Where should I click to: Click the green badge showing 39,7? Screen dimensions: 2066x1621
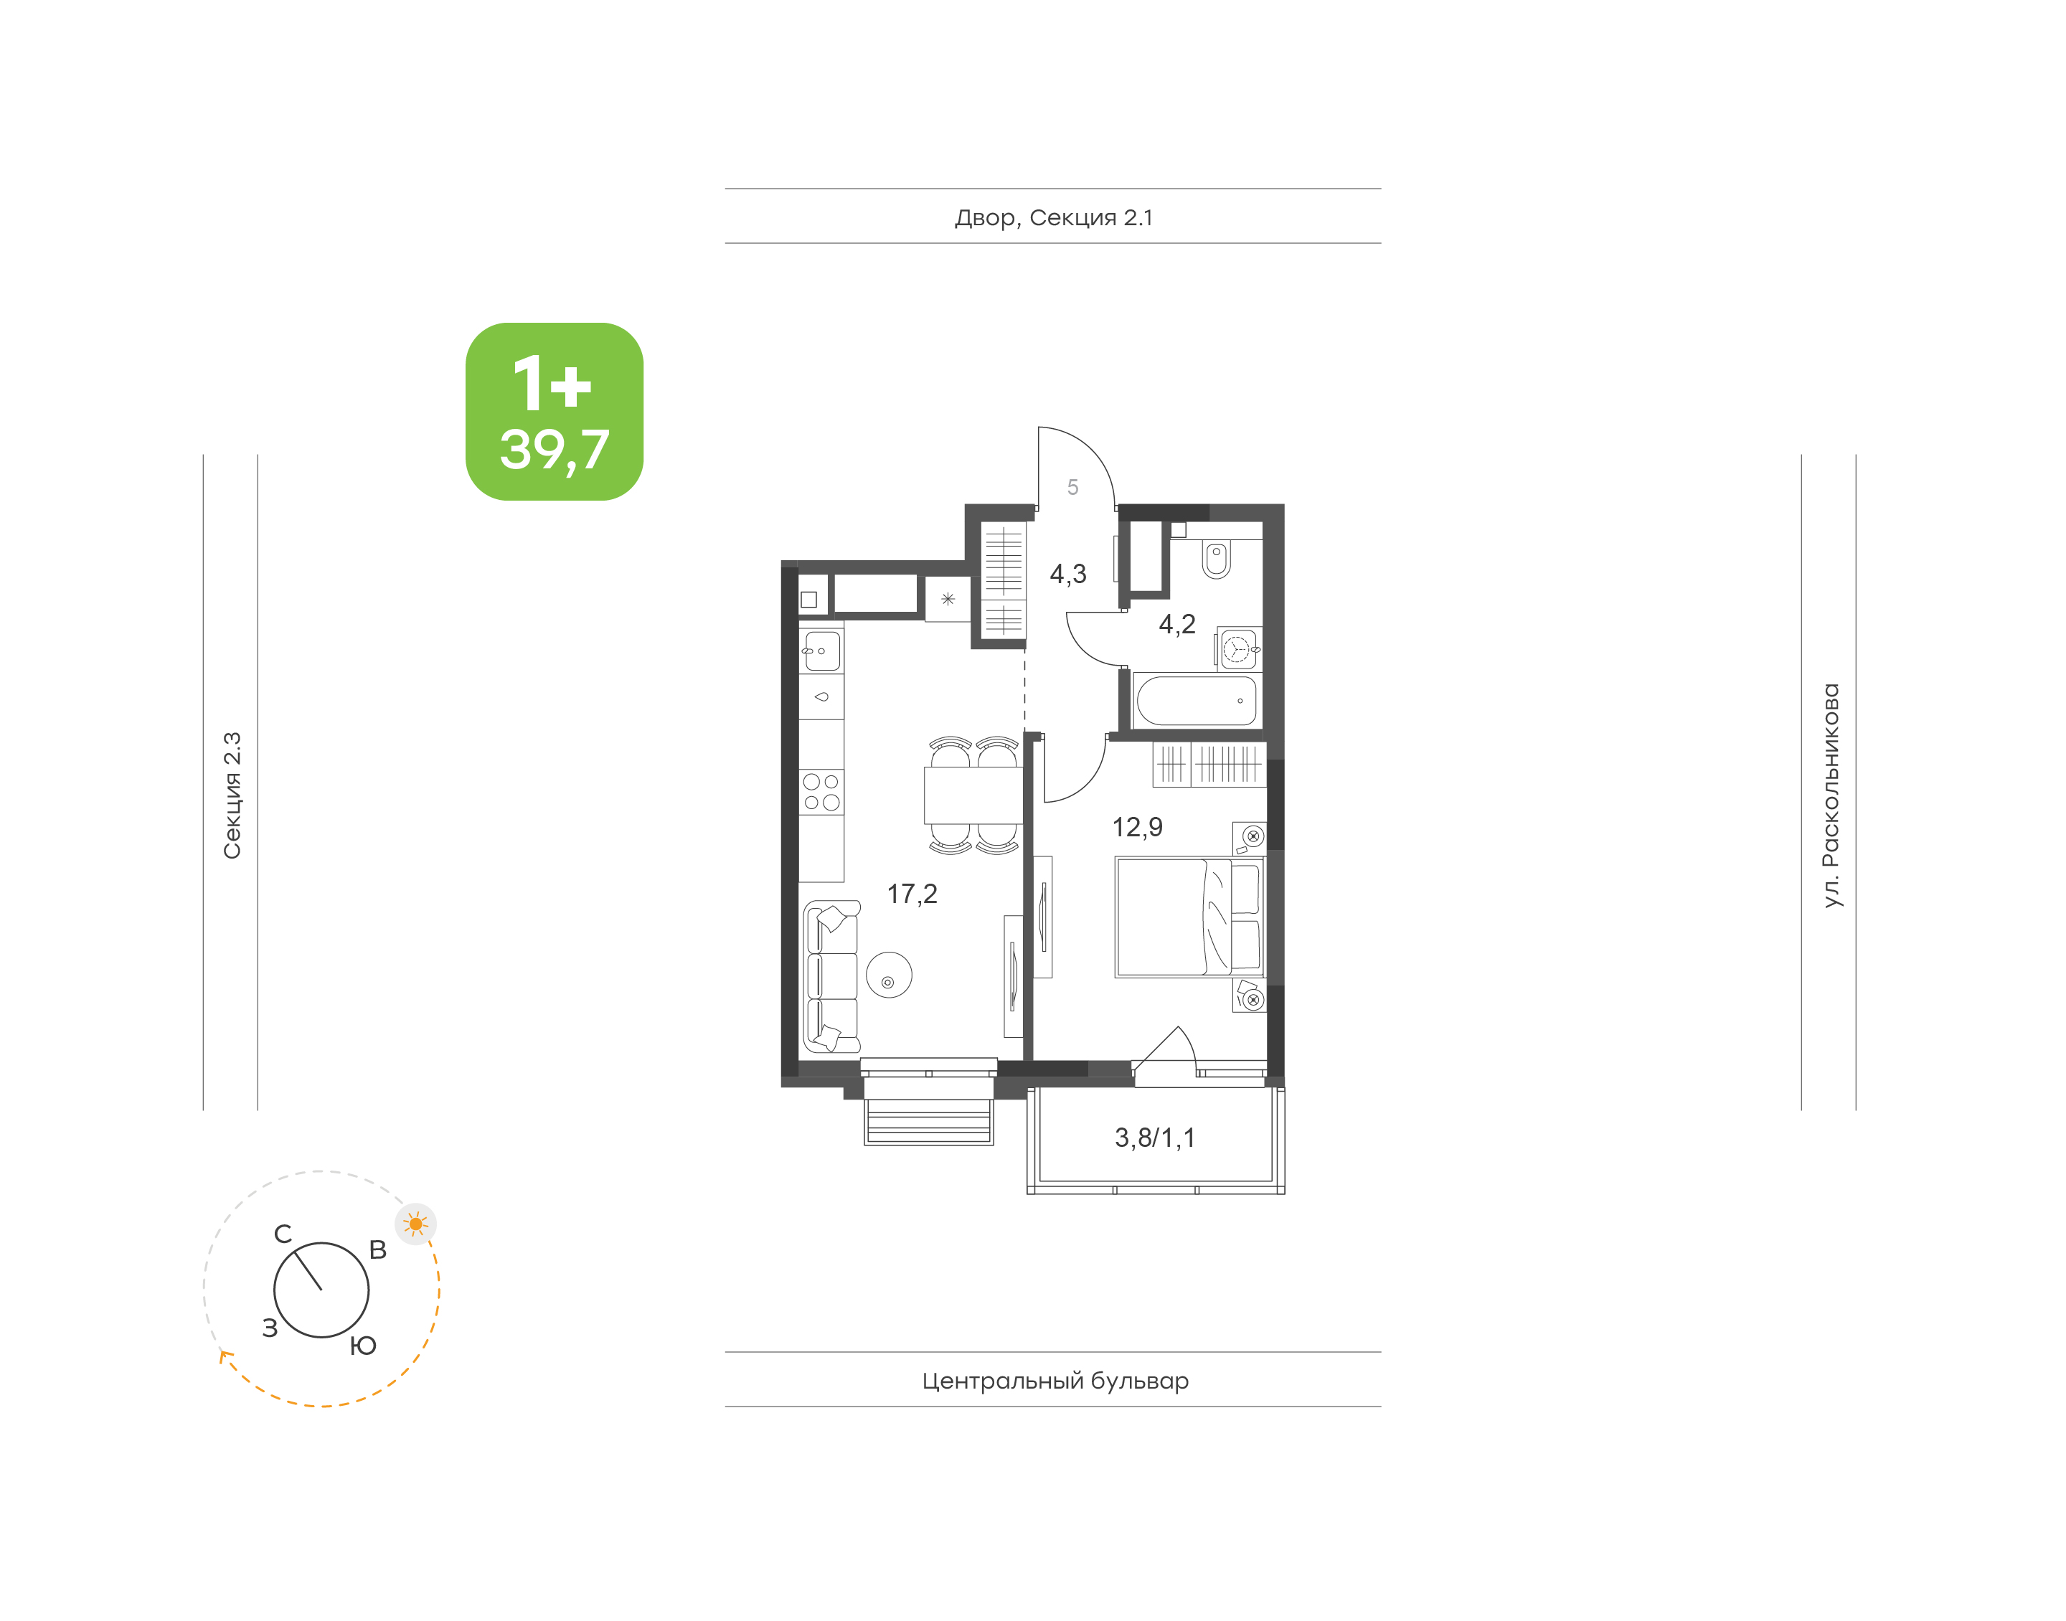tap(555, 411)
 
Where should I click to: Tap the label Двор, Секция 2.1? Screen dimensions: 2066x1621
tap(1053, 217)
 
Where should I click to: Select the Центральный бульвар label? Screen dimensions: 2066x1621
tap(1055, 1380)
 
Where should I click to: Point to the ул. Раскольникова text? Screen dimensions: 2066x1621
tap(1831, 795)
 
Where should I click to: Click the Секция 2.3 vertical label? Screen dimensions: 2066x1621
tap(232, 795)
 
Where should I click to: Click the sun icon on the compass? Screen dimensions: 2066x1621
tap(415, 1224)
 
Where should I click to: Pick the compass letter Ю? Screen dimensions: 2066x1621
tap(362, 1345)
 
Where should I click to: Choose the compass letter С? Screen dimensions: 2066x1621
tap(283, 1234)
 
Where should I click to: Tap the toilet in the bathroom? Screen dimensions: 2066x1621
tap(1216, 559)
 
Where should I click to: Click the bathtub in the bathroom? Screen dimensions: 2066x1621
tap(1196, 701)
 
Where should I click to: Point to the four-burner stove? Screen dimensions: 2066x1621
tap(821, 792)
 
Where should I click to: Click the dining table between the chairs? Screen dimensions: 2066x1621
tap(973, 795)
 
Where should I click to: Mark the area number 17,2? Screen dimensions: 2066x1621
tap(912, 894)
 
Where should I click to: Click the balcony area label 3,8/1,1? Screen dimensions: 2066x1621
tap(1155, 1137)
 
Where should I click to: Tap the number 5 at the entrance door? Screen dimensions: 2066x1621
tap(1072, 487)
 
